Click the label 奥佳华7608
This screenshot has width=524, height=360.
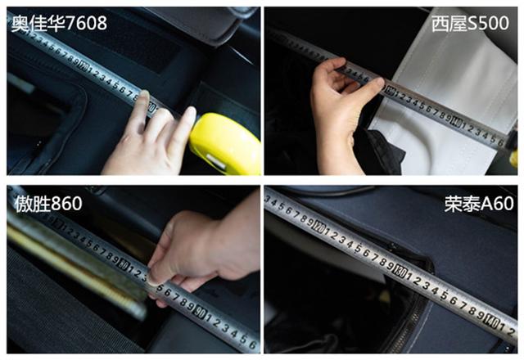(60, 23)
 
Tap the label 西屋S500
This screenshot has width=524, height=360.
(470, 24)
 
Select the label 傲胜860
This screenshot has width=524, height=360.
(48, 204)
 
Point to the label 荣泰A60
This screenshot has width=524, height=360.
(478, 204)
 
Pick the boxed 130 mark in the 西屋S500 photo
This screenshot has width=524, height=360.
(391, 90)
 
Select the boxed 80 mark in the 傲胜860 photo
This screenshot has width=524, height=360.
(124, 265)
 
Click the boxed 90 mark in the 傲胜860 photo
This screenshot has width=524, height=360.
(201, 312)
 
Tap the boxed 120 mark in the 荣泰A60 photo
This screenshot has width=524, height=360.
(318, 227)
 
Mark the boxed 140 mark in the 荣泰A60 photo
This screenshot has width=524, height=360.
(492, 321)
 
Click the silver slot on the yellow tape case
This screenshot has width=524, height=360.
(216, 162)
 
